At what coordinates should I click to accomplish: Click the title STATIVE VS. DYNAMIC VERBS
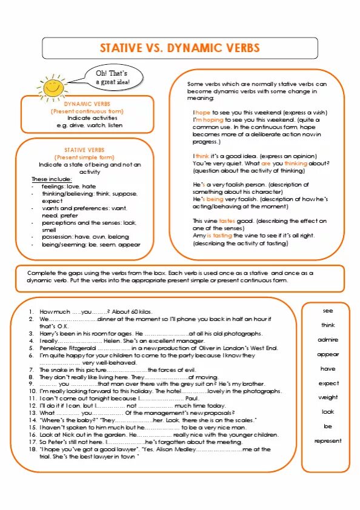coord(179,48)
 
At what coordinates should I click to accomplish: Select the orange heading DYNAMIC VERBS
coord(87,104)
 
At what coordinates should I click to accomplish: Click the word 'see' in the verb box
coord(328,311)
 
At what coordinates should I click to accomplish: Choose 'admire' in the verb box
coord(328,340)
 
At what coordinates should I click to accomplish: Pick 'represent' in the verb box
coord(328,441)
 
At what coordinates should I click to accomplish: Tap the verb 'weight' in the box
coord(328,397)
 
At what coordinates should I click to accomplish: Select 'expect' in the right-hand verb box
coord(328,383)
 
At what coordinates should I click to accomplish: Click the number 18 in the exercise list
coord(33,449)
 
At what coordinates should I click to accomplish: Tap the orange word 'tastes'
coord(227,221)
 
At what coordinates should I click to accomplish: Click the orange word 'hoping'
coord(213,120)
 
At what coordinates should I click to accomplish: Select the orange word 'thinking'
coord(296,163)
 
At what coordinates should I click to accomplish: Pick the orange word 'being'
coord(215,199)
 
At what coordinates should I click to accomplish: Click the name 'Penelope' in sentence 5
coord(55,348)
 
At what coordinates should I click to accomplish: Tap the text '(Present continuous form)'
coord(87,111)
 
